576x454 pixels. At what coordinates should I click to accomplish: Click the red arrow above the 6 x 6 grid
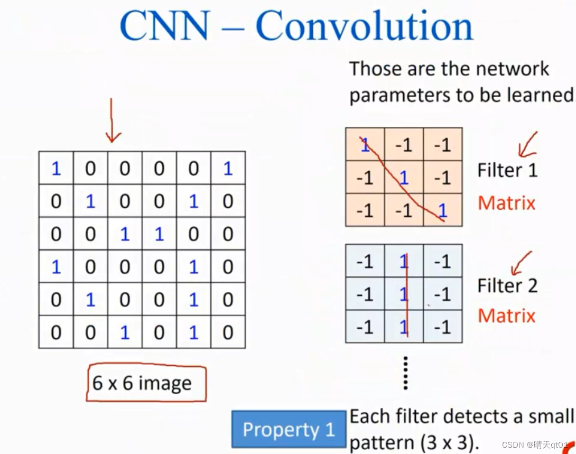(111, 121)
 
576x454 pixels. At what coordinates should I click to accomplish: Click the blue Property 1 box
(289, 429)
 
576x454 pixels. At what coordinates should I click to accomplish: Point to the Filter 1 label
(507, 170)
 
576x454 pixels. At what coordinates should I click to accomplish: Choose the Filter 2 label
(507, 285)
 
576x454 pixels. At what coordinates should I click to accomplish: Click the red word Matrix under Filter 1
(506, 203)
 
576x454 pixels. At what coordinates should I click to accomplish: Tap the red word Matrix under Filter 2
(506, 316)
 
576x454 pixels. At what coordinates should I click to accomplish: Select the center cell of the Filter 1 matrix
(404, 177)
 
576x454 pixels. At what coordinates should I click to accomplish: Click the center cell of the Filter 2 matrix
(404, 294)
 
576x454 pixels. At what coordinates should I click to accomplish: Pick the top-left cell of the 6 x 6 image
(56, 169)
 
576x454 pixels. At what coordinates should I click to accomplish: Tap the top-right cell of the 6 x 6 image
(228, 169)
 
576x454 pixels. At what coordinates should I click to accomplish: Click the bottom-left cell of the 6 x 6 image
(56, 332)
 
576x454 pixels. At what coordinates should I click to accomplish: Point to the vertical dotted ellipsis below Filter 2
(405, 373)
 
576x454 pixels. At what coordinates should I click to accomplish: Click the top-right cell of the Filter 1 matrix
(442, 144)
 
